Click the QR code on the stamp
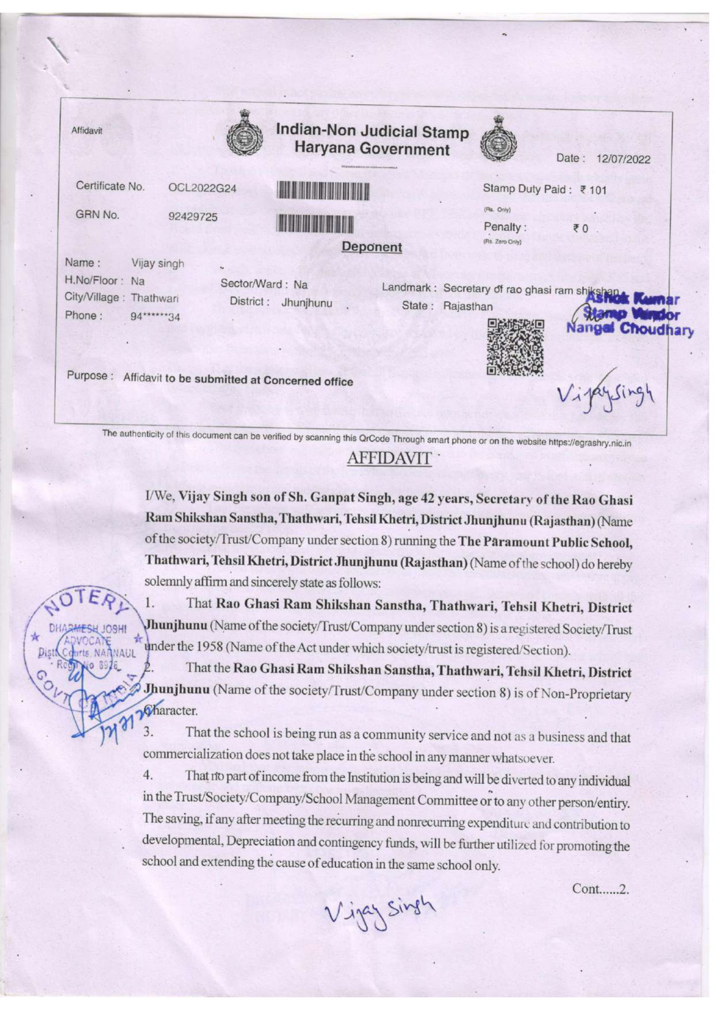[515, 347]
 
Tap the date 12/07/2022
[623, 159]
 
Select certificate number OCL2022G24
[202, 188]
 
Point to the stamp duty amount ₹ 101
[593, 190]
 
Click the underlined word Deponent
[372, 247]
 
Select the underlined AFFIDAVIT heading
[389, 458]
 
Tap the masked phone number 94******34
[155, 317]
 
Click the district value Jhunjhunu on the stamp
[306, 303]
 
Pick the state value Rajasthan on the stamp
[468, 306]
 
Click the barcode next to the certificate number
[322, 190]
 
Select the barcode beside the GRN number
[315, 222]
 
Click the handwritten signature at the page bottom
[380, 909]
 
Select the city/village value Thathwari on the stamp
[154, 299]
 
